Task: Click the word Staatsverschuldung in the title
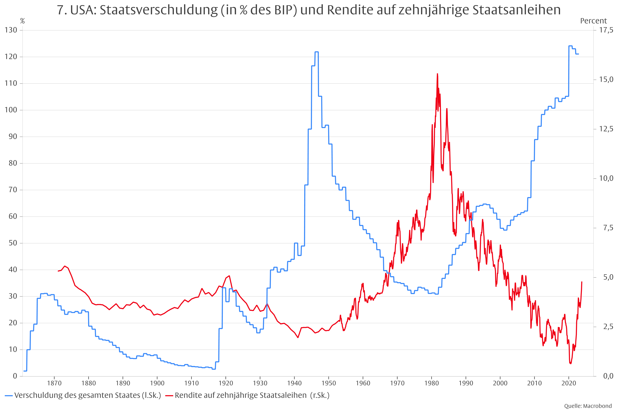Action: [158, 10]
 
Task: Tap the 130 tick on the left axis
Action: [11, 30]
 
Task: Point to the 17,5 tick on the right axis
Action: [606, 30]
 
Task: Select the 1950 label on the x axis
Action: [329, 383]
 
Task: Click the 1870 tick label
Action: [54, 383]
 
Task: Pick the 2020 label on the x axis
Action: [569, 383]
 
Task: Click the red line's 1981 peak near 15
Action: [437, 74]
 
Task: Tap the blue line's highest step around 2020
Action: [570, 46]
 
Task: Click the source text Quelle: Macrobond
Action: [588, 406]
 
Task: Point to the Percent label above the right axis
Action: [593, 21]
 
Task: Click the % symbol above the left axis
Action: [23, 21]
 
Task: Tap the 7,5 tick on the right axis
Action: [608, 228]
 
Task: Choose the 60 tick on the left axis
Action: [13, 216]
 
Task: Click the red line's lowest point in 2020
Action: [571, 364]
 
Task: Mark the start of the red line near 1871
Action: [58, 271]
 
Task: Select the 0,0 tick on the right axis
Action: [608, 376]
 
